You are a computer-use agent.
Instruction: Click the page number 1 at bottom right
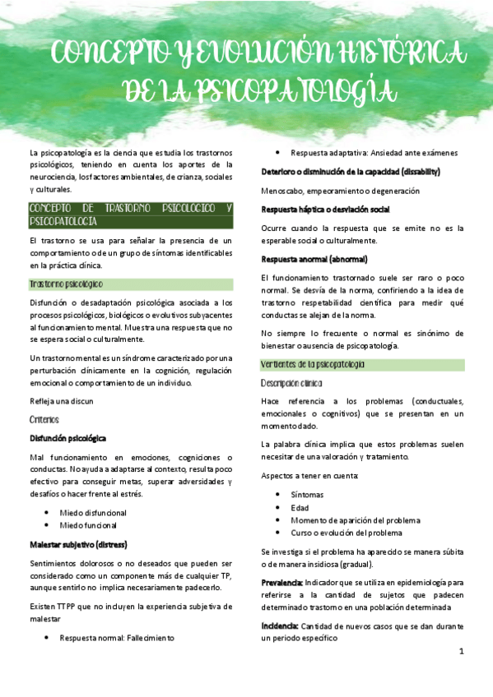pos(462,651)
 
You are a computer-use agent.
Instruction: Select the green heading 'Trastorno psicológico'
pos(66,284)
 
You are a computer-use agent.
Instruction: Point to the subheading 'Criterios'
pos(44,419)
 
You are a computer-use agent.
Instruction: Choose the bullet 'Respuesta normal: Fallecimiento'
pos(117,637)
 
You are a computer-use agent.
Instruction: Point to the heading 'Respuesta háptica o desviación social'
pos(325,210)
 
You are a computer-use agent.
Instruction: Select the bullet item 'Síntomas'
pos(307,494)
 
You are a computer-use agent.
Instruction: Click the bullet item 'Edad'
pos(300,507)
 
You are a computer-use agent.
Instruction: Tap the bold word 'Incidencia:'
pos(280,626)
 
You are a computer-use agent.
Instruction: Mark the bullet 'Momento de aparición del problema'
pos(355,520)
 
